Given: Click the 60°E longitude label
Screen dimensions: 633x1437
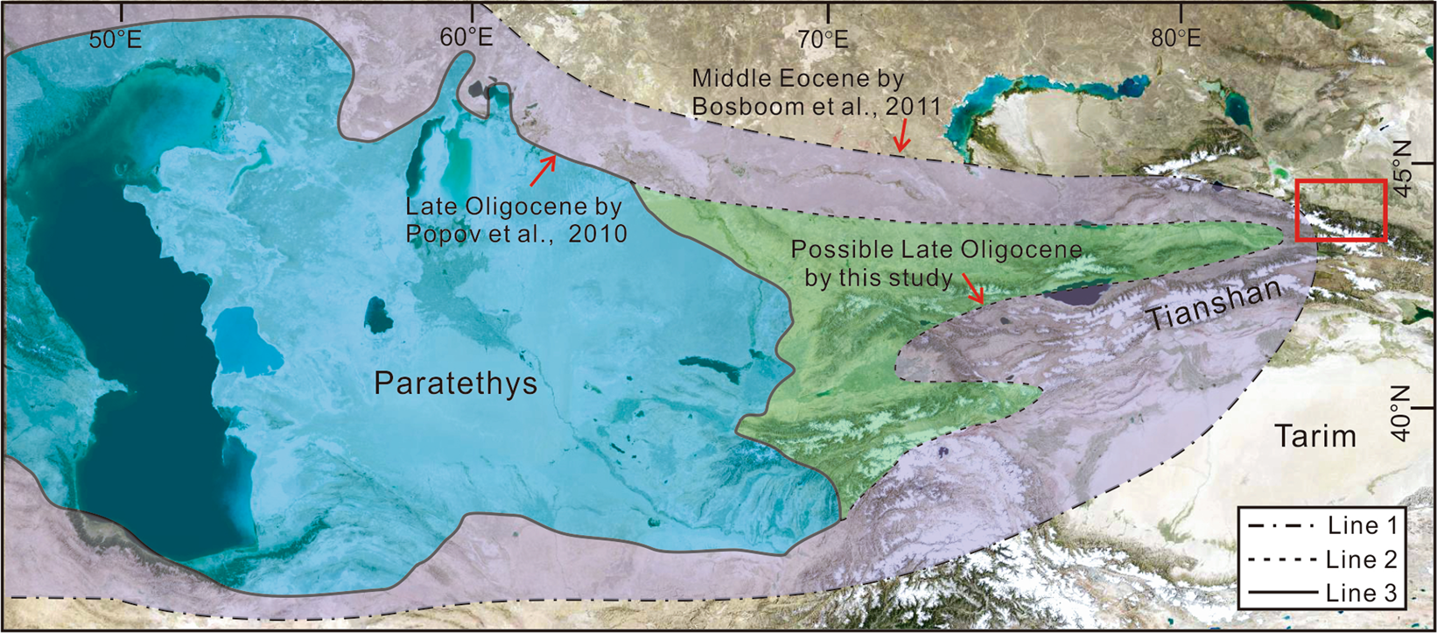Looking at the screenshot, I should pyautogui.click(x=466, y=38).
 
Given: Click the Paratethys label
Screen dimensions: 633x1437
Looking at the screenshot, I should pyautogui.click(x=455, y=383).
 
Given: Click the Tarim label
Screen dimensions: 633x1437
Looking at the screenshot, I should pyautogui.click(x=1314, y=436).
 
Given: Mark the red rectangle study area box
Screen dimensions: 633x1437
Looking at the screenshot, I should pyautogui.click(x=1341, y=210).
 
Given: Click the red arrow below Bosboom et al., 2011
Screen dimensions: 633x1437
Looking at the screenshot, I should pyautogui.click(x=901, y=137).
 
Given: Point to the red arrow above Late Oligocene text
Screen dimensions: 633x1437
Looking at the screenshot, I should pyautogui.click(x=543, y=170).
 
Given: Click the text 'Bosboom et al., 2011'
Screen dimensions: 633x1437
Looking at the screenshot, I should pyautogui.click(x=816, y=107).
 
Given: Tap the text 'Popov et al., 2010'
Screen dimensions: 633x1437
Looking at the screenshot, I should pyautogui.click(x=516, y=234).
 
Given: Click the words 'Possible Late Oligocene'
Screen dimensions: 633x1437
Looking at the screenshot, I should pyautogui.click(x=936, y=250).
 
